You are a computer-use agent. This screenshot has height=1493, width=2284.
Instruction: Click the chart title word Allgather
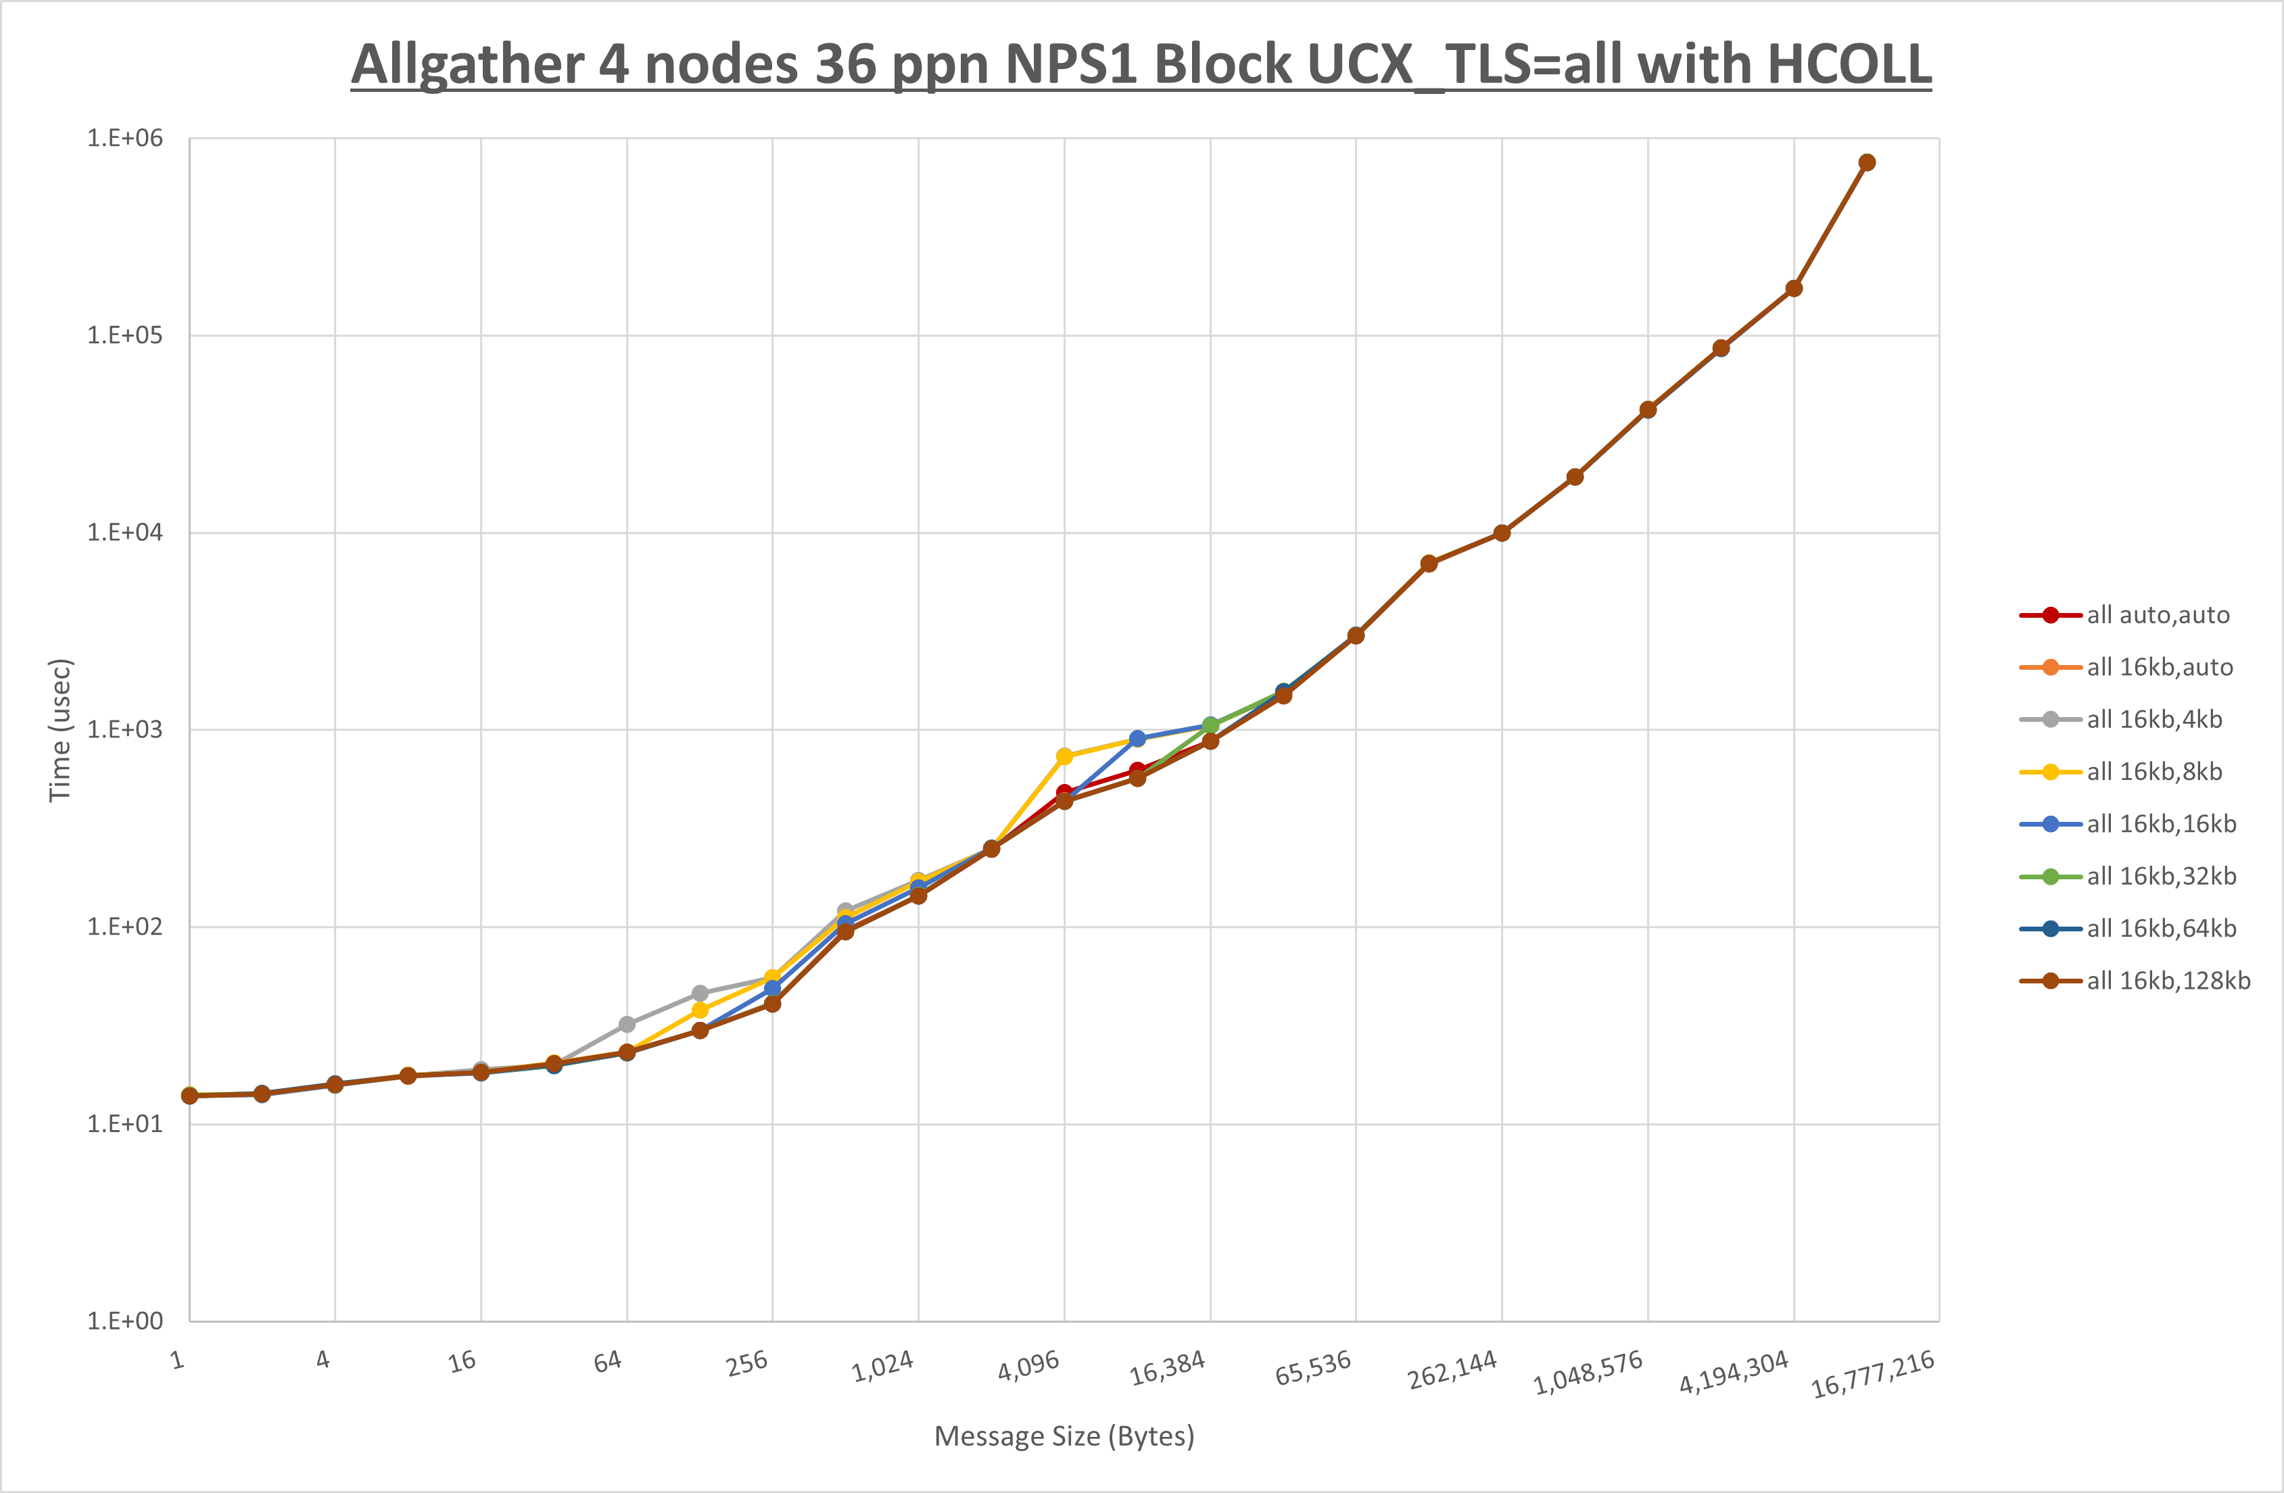coord(465,66)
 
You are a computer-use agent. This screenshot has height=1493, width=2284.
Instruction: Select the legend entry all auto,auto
coord(2158,615)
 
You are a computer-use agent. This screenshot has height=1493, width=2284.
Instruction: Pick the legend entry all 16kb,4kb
coord(2154,720)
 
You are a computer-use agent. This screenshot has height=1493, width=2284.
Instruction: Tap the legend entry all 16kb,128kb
coord(2168,981)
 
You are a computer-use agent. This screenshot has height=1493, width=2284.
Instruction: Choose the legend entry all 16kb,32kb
coord(2161,876)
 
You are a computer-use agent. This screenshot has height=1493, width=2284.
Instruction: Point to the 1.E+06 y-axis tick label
coord(125,138)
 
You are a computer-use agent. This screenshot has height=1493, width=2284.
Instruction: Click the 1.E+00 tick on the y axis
coord(125,1321)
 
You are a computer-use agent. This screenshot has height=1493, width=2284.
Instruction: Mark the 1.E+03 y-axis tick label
coord(125,729)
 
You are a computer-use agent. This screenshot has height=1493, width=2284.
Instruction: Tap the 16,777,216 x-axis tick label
coord(1872,1375)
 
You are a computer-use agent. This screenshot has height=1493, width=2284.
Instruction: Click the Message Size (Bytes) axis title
coord(1064,1436)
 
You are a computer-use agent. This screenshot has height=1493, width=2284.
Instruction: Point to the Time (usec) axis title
coord(60,729)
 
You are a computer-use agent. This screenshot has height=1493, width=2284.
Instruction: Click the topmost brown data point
coord(1867,163)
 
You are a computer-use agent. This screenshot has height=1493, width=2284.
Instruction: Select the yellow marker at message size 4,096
coord(1064,756)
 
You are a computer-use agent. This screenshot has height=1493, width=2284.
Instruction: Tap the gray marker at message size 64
coord(627,1025)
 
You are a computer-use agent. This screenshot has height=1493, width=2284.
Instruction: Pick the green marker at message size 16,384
coord(1210,725)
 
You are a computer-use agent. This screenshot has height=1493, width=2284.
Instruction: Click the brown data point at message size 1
coord(190,1096)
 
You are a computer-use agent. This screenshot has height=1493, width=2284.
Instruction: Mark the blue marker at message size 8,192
coord(1137,739)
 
